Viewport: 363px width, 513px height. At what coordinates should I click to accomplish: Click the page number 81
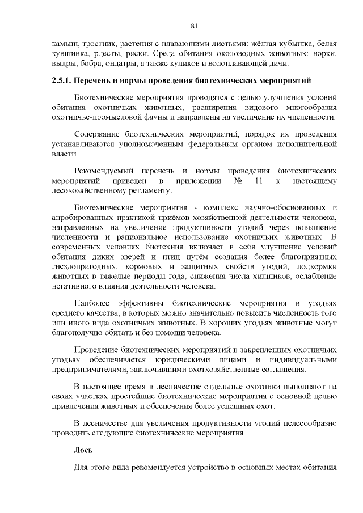(194, 26)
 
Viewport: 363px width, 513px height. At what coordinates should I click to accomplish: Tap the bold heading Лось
(83, 450)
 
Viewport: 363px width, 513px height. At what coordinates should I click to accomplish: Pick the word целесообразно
(310, 423)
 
